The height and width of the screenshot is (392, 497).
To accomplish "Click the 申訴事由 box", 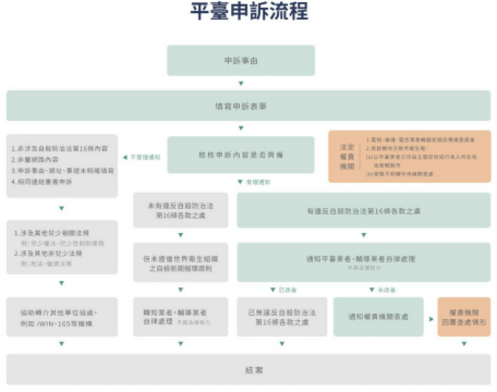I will coord(241,61).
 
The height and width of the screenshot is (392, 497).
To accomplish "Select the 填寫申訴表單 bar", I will coord(248,106).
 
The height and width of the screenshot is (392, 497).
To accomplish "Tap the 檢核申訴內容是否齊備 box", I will coord(241,155).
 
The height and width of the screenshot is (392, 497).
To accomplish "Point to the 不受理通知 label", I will coord(145,157).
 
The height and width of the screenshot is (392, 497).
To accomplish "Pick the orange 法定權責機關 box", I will coord(409,156).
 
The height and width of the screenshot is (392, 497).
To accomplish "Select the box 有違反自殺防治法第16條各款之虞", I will coord(364,211).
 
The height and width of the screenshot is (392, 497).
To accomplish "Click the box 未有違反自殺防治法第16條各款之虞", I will coord(181,211).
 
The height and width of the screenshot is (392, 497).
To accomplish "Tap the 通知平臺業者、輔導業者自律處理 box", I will coord(364,262).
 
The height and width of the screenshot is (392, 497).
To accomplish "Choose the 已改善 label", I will coord(286,290).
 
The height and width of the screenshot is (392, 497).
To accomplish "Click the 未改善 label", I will coord(386,290).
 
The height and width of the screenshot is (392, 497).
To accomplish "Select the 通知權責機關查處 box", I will coord(378,317).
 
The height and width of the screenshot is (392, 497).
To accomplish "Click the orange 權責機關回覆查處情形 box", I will coord(464,317).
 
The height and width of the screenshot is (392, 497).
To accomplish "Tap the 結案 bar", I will coord(248,370).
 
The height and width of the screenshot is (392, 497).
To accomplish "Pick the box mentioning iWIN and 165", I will coord(62,317).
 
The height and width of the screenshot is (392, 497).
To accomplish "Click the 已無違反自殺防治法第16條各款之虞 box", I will coord(282,317).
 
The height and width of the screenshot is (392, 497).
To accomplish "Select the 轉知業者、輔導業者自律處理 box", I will coord(181,317).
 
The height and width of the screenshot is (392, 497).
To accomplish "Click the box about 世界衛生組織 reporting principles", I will coord(181,262).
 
